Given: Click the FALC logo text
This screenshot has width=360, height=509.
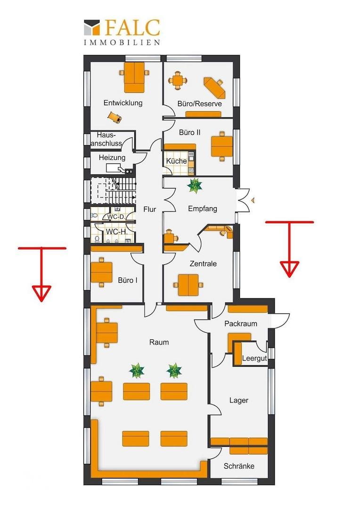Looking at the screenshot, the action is click(133, 28).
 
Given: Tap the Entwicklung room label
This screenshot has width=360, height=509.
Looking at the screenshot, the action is click(123, 103).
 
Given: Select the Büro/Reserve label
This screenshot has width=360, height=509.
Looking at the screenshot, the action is click(200, 104).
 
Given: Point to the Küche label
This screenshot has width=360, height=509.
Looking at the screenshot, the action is click(176, 161).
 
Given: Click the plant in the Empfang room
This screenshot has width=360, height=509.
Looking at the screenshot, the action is click(195, 186).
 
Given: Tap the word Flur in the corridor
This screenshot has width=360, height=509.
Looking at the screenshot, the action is click(150, 209).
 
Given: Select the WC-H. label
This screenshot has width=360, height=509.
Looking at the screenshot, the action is click(116, 232).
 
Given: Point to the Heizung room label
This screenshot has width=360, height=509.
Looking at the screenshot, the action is click(112, 157).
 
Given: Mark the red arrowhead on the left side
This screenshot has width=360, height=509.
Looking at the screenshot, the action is click(41, 292).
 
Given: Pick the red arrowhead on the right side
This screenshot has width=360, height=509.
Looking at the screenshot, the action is click(289, 269).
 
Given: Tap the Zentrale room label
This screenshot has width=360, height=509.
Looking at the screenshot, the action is click(203, 263).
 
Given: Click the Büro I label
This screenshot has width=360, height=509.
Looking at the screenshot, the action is click(128, 280).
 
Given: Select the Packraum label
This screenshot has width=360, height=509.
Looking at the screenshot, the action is click(240, 324).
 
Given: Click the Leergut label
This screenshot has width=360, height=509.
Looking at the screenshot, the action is click(254, 358).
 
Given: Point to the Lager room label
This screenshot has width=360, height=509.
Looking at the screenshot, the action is click(239, 400).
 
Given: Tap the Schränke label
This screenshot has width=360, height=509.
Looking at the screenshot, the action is click(239, 466).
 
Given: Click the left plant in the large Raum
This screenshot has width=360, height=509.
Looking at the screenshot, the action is click(137, 371).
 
